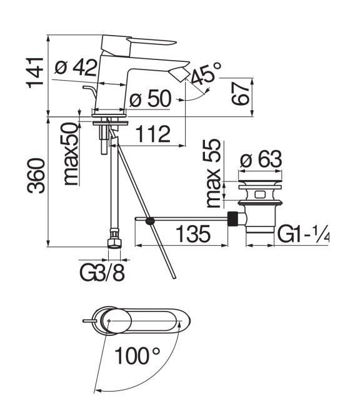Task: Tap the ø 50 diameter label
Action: (151, 99)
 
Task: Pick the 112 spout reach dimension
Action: (151, 134)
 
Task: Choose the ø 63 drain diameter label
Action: (262, 160)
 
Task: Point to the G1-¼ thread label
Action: (303, 235)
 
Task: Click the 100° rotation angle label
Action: (137, 357)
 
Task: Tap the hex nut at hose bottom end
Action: (114, 241)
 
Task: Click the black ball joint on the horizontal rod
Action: (149, 220)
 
